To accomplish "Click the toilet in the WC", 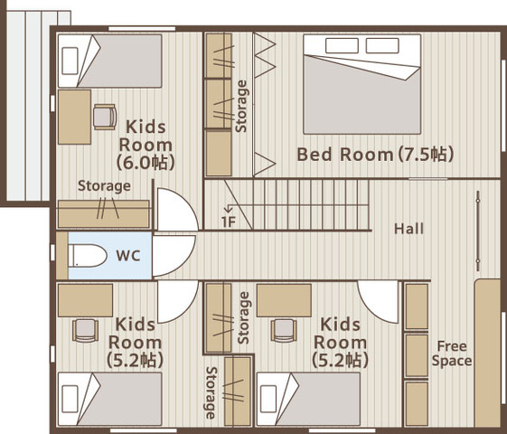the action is (88, 256).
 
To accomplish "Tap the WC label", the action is (128, 256).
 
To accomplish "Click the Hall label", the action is (408, 229).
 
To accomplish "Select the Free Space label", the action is (452, 354).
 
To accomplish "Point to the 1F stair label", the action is (229, 222).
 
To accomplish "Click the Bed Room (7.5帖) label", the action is (375, 155).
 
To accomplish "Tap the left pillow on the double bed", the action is (342, 45).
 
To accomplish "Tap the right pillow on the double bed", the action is (382, 45).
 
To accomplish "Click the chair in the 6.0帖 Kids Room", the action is (105, 117).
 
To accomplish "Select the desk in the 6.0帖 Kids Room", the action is (74, 117).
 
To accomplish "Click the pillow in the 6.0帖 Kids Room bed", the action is (70, 61).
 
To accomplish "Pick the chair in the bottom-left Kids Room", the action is (85, 330).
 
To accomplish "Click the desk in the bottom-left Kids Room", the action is (85, 300).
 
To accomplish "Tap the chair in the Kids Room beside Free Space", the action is (284, 330).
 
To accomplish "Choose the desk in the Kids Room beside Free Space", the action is (284, 300).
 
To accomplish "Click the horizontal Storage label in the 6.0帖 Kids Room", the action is (104, 186).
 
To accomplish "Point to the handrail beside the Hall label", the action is (478, 231).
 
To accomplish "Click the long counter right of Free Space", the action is (488, 354).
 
